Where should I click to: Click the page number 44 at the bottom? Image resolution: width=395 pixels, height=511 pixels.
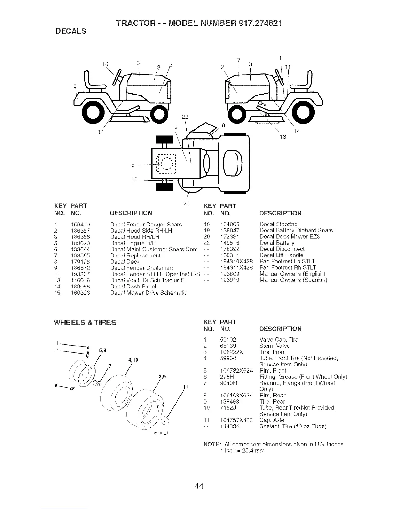[199, 486]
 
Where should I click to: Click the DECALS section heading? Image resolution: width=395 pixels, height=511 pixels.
[71, 31]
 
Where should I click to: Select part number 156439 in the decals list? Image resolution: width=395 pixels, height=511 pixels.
[80, 225]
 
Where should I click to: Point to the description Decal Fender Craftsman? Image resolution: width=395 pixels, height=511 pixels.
[141, 268]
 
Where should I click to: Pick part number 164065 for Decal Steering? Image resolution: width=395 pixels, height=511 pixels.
[230, 224]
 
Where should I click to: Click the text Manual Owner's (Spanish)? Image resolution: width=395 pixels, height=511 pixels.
[293, 280]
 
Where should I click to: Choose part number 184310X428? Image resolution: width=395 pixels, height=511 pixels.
[236, 261]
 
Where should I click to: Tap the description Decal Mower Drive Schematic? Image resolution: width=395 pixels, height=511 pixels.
[148, 293]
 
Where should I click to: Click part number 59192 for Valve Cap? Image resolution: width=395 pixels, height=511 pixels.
[228, 340]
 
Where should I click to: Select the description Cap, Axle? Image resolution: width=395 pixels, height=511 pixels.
[272, 420]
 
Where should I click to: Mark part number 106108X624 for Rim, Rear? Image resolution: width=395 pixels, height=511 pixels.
[236, 396]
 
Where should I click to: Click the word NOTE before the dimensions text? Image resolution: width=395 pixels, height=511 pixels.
[211, 445]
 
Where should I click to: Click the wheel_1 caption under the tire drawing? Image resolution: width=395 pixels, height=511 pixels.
[160, 433]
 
